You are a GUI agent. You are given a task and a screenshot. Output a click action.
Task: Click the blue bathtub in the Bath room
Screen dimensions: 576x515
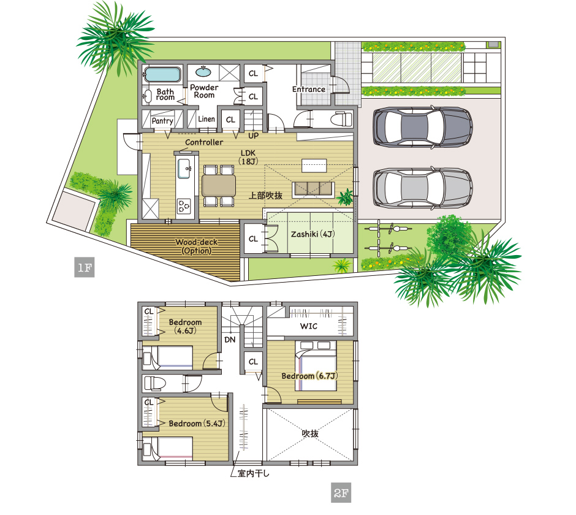point(162,74)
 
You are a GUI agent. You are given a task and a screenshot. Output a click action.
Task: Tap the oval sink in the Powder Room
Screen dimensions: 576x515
point(203,72)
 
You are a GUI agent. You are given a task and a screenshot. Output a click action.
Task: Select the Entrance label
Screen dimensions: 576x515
point(309,90)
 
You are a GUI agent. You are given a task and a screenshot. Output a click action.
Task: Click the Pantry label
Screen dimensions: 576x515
point(162,121)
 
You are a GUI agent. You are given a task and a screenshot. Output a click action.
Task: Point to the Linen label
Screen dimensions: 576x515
point(207,119)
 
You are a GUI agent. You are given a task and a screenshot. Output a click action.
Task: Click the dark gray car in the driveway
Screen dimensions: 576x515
point(422,127)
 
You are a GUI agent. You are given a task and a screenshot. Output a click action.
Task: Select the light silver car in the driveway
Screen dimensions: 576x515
point(422,188)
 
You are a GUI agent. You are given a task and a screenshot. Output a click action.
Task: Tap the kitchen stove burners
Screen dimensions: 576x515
point(184,206)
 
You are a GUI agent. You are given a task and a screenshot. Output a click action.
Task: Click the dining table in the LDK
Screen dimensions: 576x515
point(219,186)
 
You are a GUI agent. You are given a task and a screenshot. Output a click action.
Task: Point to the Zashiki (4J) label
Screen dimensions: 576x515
point(313,234)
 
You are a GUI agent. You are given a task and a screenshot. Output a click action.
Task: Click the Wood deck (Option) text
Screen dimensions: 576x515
point(197,246)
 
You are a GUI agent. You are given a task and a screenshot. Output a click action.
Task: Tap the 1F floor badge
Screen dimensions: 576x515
point(85,267)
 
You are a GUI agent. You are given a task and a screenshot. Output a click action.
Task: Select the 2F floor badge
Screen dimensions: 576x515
point(341,492)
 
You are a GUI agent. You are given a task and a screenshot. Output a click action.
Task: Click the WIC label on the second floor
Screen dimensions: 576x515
point(309,326)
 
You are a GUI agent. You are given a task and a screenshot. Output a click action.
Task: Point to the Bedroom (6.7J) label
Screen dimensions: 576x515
point(309,376)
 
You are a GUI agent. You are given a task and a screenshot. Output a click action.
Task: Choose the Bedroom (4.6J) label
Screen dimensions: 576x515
point(185,326)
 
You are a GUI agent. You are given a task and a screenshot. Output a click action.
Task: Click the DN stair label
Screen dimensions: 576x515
point(230,340)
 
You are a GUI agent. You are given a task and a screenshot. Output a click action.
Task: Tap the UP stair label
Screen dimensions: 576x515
point(254,135)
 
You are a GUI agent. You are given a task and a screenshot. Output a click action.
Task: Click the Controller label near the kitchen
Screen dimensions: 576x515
point(204,142)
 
